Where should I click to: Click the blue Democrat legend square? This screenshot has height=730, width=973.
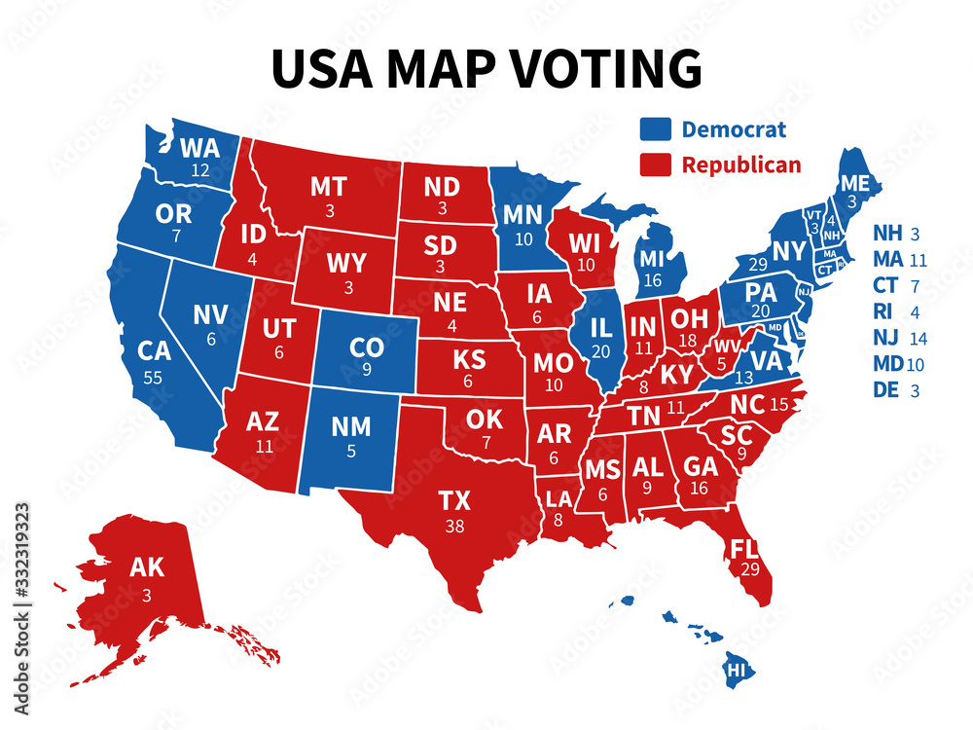point(655,129)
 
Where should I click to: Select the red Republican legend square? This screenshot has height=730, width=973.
point(655,164)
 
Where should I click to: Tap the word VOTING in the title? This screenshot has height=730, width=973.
point(603,67)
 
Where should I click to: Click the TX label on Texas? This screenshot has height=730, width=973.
point(454,501)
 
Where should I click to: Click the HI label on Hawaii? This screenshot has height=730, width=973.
point(739,671)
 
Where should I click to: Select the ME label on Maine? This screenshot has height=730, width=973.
point(854,182)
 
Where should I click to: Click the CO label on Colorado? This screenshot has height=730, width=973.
point(366,348)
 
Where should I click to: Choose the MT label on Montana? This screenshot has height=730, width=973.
point(328,187)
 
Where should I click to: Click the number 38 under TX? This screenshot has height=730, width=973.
point(454,526)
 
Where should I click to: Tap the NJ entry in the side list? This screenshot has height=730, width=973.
point(886,340)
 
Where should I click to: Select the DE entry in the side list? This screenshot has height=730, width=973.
point(886,390)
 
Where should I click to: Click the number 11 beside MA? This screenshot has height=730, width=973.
point(916,261)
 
